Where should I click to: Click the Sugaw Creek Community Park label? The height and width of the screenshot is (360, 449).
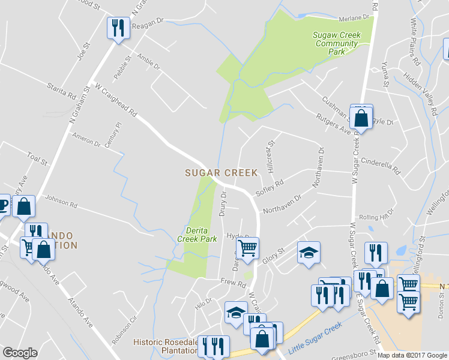pos(337,43)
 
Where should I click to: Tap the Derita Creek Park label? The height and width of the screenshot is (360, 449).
pos(197,235)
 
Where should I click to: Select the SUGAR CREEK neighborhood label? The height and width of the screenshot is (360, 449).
pos(221,173)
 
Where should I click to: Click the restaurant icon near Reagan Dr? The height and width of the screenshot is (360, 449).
pos(117,28)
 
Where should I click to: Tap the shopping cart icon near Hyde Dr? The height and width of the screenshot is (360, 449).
pos(249,247)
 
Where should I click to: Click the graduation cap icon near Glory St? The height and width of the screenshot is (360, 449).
pos(309,252)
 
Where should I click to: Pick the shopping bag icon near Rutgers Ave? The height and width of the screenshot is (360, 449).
pos(361,117)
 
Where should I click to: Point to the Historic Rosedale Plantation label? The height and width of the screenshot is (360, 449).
pos(165,346)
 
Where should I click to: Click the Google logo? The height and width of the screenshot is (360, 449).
pos(20,353)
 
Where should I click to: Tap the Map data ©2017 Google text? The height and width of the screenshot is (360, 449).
pos(412,355)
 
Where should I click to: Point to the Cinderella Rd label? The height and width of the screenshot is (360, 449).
pos(381,166)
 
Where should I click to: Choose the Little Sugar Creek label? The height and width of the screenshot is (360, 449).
pos(315,338)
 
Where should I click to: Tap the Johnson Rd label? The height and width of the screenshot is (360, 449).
pos(61,203)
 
